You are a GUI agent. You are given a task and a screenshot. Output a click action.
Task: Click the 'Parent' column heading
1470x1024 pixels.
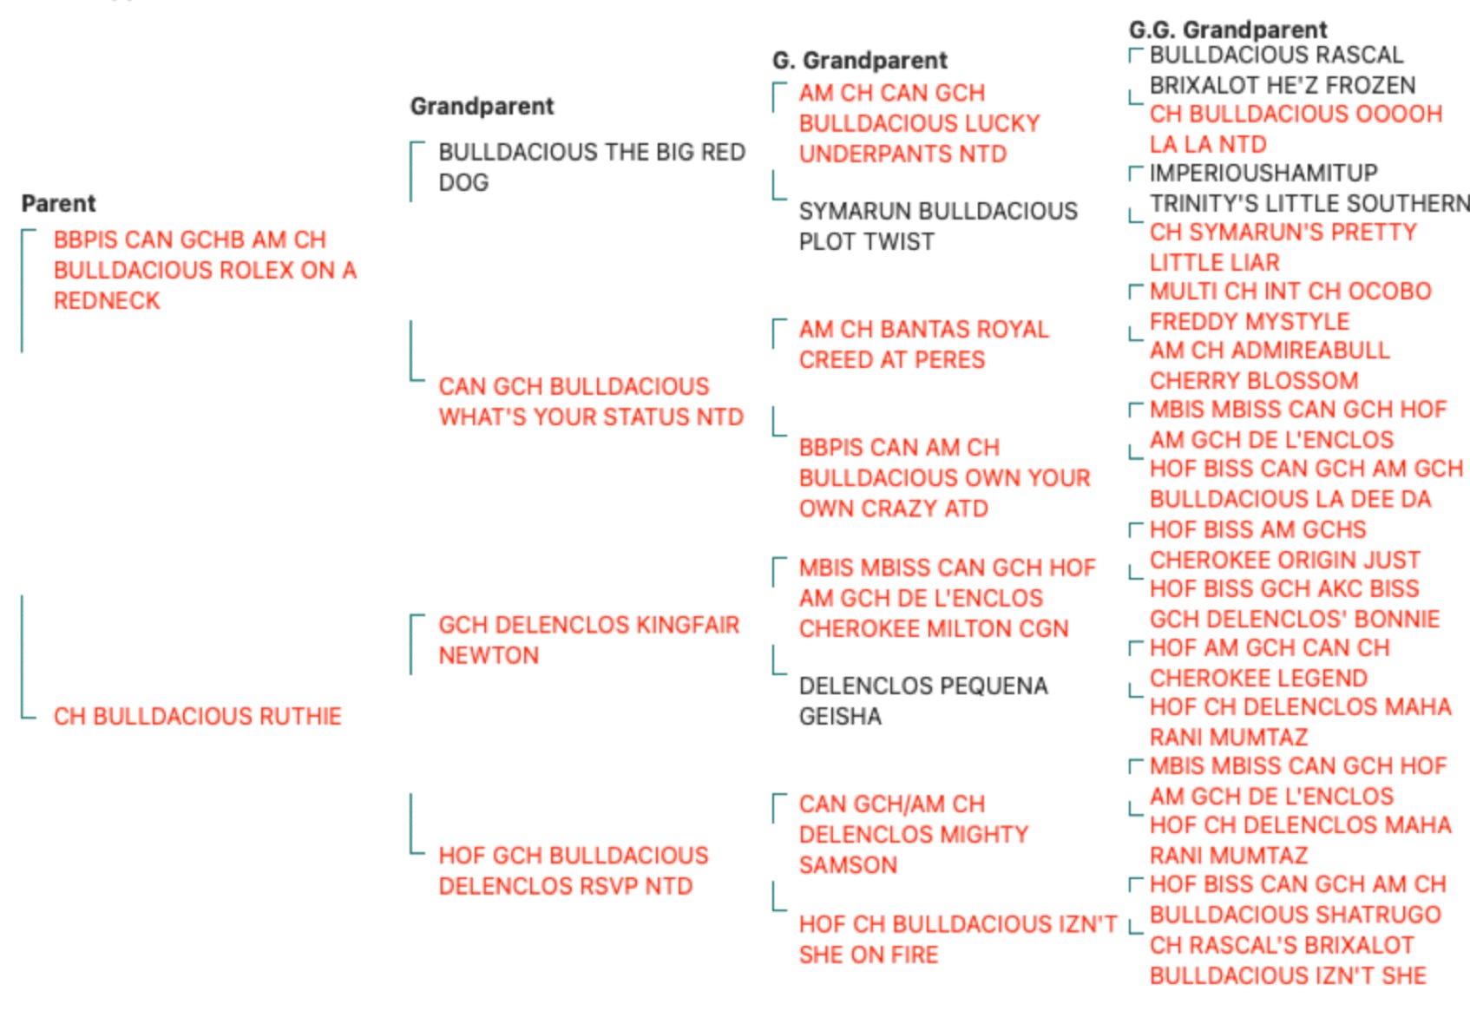(58, 203)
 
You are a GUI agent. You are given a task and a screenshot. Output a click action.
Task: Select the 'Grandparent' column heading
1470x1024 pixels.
(482, 107)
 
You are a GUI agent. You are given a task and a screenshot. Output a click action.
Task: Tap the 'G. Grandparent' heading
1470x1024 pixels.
(860, 61)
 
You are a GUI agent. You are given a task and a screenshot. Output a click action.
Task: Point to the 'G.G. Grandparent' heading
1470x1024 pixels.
(1228, 30)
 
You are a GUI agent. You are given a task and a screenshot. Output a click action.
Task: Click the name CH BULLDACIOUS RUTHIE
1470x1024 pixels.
(198, 716)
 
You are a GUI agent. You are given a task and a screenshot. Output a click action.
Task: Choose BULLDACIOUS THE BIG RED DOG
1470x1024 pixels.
(592, 167)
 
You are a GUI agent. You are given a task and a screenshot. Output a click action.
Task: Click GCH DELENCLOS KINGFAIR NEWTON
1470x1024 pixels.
(588, 640)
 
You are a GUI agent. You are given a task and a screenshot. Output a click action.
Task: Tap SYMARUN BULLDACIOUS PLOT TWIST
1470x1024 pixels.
(938, 226)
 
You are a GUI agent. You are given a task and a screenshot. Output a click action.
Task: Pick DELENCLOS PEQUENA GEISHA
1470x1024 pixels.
(923, 701)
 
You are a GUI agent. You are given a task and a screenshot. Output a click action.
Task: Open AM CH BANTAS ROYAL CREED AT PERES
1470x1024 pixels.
(924, 345)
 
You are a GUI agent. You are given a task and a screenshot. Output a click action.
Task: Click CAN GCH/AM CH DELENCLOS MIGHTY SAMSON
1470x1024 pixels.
(914, 834)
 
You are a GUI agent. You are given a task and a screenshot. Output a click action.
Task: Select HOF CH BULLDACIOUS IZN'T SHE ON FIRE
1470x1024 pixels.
(958, 939)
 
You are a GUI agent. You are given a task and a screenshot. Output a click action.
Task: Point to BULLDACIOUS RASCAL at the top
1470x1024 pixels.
(1276, 56)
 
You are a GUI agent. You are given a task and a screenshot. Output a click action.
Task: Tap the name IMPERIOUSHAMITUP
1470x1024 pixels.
(1264, 174)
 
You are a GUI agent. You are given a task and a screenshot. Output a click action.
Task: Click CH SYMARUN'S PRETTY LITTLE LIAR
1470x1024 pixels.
(1283, 247)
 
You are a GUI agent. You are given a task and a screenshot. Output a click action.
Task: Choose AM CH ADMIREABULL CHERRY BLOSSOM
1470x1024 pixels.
(1270, 365)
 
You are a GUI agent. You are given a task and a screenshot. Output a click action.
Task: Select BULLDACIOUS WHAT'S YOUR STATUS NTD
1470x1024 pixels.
(591, 402)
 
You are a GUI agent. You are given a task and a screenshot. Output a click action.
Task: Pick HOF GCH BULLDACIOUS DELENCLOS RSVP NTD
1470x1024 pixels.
(574, 871)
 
